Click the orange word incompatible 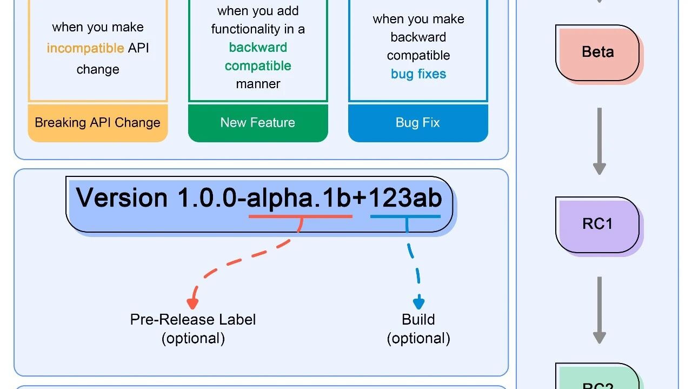[85, 49]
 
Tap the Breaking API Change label [98, 123]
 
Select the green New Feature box [258, 123]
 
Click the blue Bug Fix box [418, 123]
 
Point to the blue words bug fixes [418, 74]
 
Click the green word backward [258, 48]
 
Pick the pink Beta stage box [597, 52]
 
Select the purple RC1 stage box [597, 225]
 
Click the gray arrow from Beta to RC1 [600, 141]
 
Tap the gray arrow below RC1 [600, 310]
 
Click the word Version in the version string [122, 197]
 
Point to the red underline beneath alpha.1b [301, 216]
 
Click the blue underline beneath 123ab [405, 216]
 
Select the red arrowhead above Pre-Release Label [192, 304]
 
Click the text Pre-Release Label [193, 320]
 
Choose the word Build [418, 320]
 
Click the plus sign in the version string [360, 198]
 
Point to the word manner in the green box [258, 84]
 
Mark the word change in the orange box [98, 70]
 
